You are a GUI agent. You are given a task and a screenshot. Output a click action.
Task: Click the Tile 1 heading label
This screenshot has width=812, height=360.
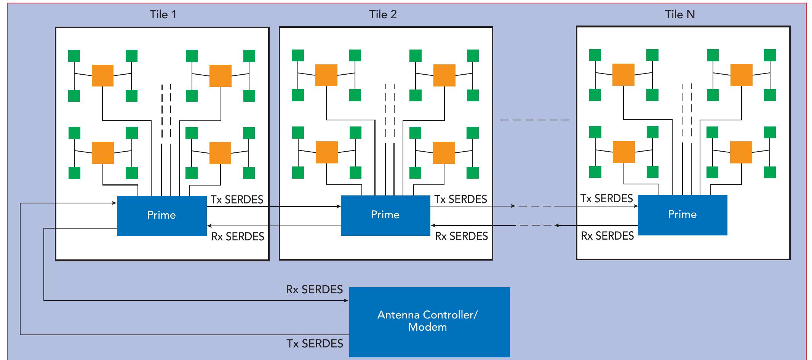coord(163,15)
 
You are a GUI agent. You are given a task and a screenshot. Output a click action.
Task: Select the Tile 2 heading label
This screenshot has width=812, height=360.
coord(383,15)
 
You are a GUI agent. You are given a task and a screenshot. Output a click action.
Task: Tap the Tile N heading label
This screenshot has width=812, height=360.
coord(679,15)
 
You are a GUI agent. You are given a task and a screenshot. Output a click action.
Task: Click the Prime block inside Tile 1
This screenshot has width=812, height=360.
coord(162,216)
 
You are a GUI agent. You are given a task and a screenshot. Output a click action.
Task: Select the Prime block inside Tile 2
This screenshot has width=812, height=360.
coord(385,215)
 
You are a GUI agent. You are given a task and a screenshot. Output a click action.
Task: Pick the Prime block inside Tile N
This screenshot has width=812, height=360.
coord(682,215)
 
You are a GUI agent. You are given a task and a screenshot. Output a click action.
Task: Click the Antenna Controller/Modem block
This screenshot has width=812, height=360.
coord(429,322)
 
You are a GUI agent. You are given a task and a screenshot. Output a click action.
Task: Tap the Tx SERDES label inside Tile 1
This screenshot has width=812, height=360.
coord(237,200)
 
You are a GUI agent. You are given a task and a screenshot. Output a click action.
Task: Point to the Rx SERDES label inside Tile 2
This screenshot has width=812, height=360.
coord(461,236)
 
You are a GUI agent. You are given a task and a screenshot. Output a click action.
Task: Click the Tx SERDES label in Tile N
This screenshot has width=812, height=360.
coord(606,198)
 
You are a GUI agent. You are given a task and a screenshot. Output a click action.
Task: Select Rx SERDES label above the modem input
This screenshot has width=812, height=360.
coord(314,290)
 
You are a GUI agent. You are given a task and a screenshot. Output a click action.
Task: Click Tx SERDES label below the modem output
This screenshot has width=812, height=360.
coord(315,344)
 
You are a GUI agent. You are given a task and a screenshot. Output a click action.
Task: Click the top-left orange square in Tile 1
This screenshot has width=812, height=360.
coord(102,75)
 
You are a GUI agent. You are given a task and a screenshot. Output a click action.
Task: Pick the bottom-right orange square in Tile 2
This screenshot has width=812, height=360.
coord(444,152)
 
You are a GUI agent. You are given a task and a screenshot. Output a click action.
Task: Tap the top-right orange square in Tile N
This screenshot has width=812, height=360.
coord(741,75)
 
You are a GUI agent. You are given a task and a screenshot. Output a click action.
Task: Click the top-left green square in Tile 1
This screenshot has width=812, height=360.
coord(74,56)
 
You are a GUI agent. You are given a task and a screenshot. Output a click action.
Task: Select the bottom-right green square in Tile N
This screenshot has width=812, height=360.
coord(770,172)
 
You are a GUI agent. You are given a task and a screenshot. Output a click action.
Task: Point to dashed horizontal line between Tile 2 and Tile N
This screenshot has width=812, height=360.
coord(534,120)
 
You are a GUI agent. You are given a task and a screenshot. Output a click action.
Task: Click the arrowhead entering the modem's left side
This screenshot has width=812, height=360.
coord(346,301)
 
